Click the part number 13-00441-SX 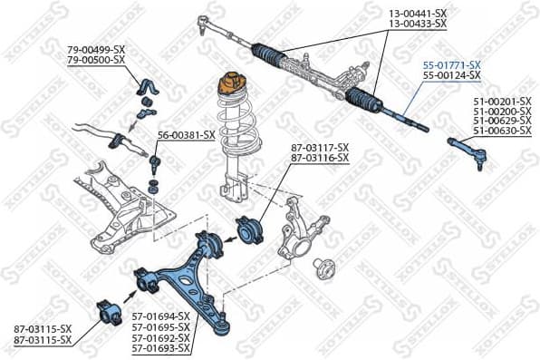(418, 14)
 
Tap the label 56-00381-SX (187, 134)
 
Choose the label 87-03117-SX (320, 148)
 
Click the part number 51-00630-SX (503, 131)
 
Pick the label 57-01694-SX (160, 316)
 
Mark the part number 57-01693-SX (160, 348)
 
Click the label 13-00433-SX (418, 24)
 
